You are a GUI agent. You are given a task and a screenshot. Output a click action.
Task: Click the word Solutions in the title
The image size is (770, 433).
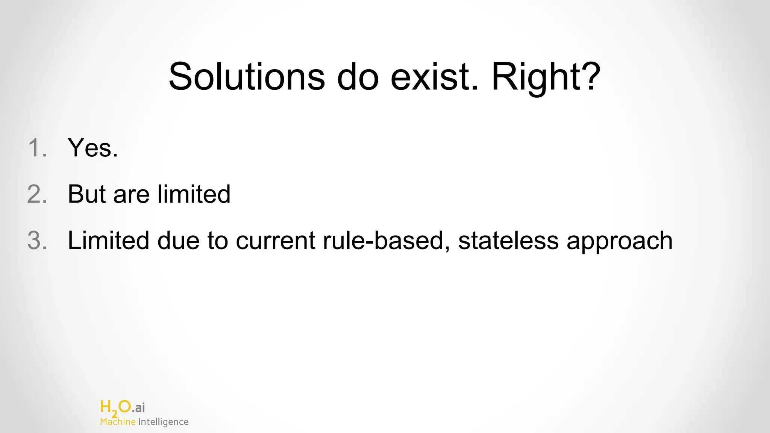click(247, 77)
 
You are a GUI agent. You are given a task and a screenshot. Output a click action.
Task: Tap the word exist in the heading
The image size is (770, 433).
click(435, 77)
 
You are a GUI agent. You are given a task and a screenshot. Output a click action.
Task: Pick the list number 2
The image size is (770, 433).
click(37, 194)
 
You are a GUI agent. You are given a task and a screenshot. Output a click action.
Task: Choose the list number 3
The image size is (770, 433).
click(37, 241)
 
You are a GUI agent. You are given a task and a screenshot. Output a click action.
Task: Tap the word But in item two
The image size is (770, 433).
click(87, 194)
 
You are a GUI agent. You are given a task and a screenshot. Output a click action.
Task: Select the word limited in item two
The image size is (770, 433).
click(194, 194)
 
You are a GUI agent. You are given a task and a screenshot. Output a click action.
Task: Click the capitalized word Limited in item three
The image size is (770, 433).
click(108, 241)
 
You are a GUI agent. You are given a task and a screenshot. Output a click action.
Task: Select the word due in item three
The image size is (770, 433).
click(178, 241)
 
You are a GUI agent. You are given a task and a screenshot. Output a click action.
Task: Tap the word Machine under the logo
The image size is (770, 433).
click(118, 422)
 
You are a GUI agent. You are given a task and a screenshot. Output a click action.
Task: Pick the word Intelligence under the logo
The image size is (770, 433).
click(163, 422)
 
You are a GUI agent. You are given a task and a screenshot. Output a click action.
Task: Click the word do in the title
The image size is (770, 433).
click(358, 77)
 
